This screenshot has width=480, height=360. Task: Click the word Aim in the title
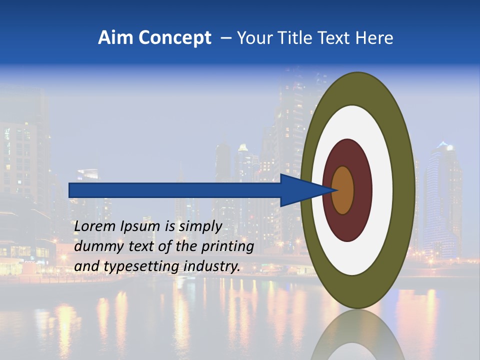[x=115, y=38]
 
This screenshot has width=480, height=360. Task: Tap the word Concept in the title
[x=174, y=38]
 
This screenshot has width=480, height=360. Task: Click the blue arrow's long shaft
[x=175, y=190]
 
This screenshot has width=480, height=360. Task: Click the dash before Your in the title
[x=226, y=38]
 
